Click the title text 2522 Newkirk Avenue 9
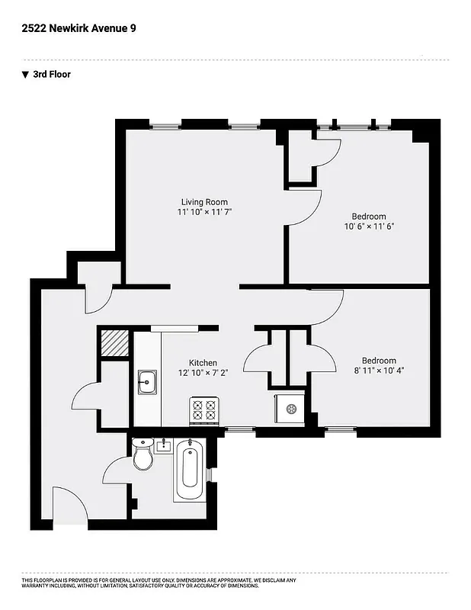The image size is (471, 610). click(79, 28)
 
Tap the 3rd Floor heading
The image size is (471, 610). click(52, 75)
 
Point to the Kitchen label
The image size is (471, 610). click(203, 363)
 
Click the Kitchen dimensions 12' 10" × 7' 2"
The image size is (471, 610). click(203, 374)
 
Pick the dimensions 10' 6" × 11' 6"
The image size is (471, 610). click(368, 226)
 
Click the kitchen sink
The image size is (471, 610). click(147, 381)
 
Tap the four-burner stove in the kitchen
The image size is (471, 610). click(204, 412)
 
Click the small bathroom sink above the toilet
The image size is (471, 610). click(163, 445)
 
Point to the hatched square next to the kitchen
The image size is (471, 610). click(115, 342)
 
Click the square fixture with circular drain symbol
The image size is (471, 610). click(290, 409)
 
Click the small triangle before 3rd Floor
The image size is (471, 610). click(25, 75)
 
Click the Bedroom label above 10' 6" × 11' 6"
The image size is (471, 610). click(368, 216)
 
